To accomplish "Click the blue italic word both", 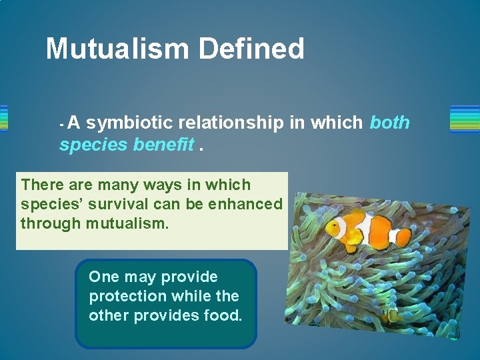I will tap(389, 123).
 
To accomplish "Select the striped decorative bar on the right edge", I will tap(465, 119).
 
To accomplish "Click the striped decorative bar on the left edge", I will tap(3, 119).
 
